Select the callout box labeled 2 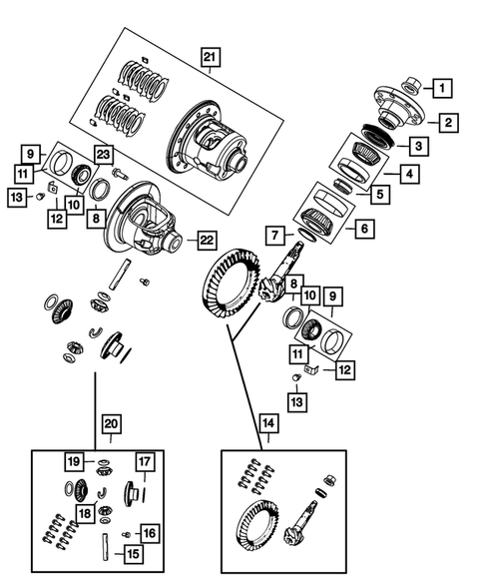click(449, 123)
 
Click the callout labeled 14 click(268, 423)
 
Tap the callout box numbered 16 click(149, 532)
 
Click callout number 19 click(73, 461)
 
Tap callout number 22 click(206, 240)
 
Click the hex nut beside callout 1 click(411, 86)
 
